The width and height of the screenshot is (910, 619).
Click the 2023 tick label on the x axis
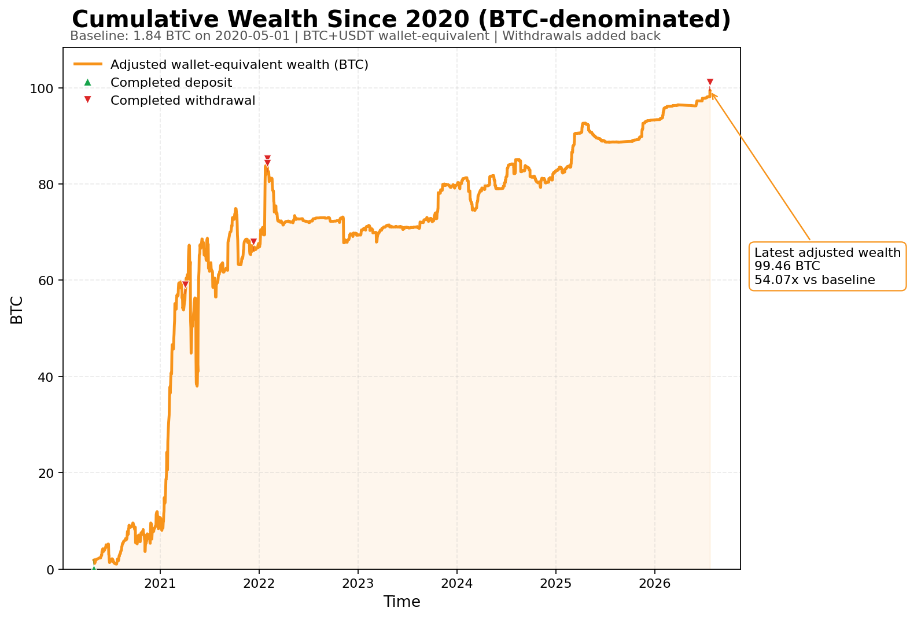358,584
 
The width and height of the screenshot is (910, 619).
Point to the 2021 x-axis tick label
160,584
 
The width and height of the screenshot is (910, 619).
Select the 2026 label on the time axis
654,584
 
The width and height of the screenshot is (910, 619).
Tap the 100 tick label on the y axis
42,89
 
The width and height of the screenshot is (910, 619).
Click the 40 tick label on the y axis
46,377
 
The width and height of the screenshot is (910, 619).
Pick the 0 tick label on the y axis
50,570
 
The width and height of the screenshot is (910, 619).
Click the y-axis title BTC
17,310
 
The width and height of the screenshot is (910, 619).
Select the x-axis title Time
401,602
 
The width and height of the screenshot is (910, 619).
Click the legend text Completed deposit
171,83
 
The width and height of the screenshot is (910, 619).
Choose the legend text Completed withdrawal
183,100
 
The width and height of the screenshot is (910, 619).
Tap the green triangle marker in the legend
87,83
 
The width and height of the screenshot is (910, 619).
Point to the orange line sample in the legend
88,64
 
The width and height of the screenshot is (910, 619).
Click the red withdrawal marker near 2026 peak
710,82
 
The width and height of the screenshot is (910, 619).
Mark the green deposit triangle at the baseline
94,568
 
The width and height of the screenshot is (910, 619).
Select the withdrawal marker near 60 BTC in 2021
185,284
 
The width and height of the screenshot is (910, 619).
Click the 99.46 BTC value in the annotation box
787,266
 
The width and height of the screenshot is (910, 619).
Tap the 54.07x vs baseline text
815,280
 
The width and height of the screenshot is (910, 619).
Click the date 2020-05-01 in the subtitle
252,36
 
